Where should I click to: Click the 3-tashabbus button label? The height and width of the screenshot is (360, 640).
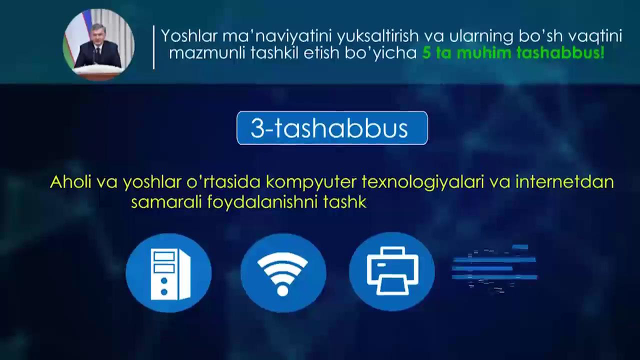[x=329, y=128]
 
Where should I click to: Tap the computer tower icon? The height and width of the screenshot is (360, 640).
[x=170, y=274]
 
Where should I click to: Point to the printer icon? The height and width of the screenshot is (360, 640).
[x=392, y=270]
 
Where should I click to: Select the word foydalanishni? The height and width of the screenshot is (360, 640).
[x=262, y=202]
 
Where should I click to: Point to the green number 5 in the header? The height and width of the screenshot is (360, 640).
[x=426, y=53]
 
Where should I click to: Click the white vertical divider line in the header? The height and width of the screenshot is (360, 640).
[x=154, y=47]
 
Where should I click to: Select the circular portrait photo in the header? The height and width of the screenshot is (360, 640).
[x=98, y=44]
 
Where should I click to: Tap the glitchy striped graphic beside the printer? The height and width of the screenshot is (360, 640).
[x=494, y=268]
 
